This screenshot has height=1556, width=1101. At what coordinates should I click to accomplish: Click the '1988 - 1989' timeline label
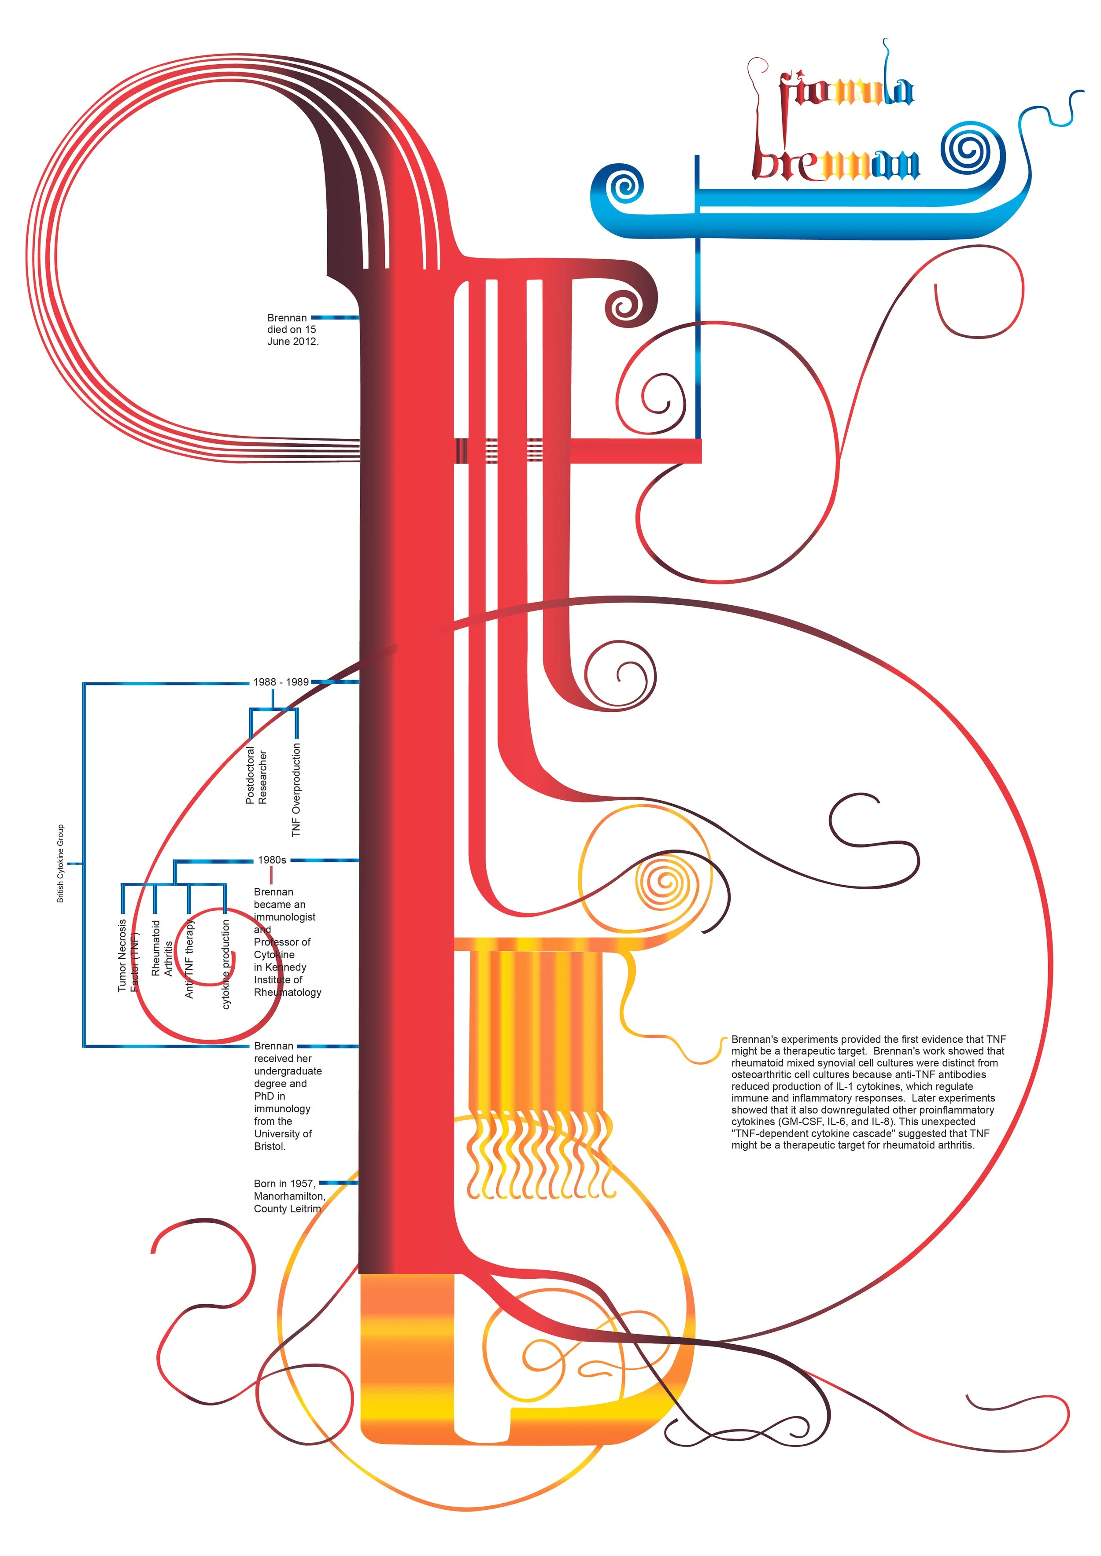281,682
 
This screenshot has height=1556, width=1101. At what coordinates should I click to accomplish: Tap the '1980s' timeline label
272,860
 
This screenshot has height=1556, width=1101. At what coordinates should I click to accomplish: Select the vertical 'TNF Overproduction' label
296,790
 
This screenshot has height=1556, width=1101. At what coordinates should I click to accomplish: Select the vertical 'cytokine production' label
226,964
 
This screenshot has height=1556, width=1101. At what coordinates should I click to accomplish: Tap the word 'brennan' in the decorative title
837,163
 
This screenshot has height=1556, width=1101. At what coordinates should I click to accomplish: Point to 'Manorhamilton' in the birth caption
289,1196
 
